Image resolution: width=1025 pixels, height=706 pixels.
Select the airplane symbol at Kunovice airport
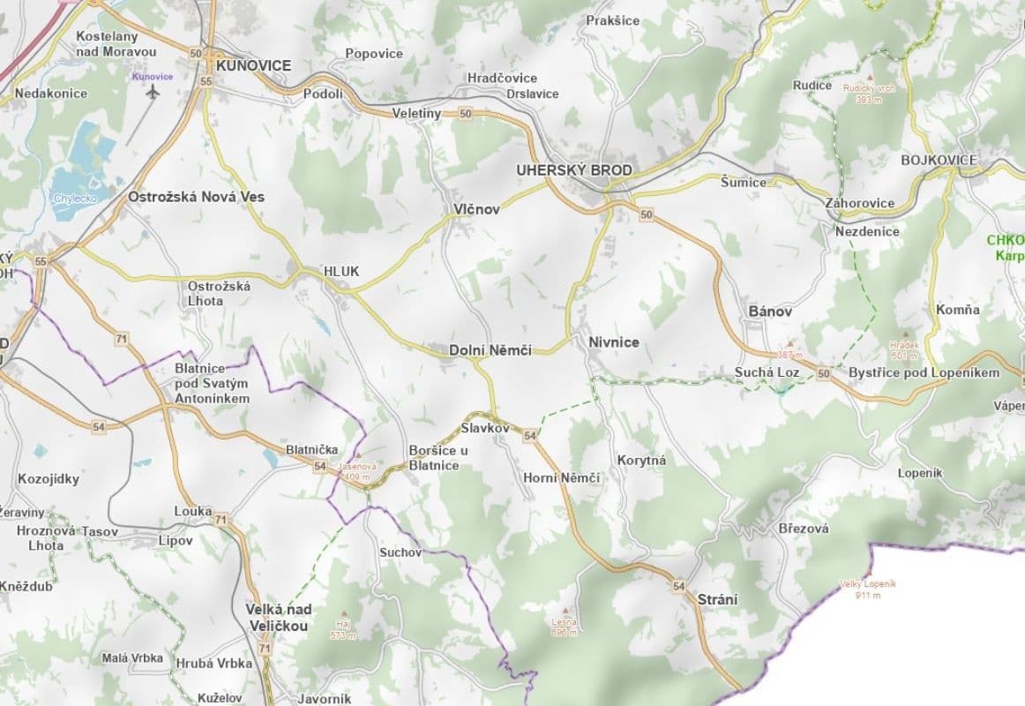[153, 91]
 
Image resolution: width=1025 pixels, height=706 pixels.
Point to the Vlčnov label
[476, 209]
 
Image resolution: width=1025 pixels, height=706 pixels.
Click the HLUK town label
[341, 272]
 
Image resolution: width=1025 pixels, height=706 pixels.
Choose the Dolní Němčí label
[490, 350]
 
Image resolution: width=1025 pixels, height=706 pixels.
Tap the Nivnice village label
[613, 342]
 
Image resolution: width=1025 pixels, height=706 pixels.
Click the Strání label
[717, 599]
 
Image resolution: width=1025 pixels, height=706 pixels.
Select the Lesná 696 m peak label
[564, 626]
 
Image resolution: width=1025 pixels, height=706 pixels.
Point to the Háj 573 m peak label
[341, 629]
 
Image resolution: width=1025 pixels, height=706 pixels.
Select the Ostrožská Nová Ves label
[196, 197]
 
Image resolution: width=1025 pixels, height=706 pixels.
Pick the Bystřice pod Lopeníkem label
[924, 372]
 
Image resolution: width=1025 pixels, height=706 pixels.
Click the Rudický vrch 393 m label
[869, 93]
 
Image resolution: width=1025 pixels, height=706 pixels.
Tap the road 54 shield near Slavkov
[530, 436]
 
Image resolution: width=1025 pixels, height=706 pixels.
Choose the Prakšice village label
[612, 20]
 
